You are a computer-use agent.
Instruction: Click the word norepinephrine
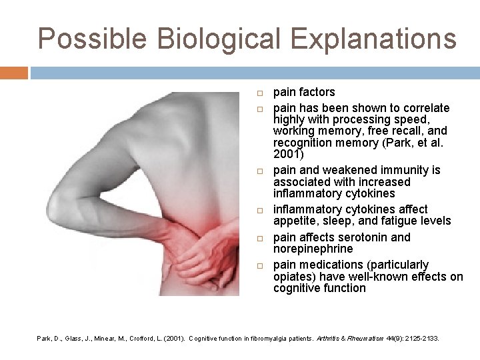tap(313, 249)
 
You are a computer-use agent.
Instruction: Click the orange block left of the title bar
tap(13, 73)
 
